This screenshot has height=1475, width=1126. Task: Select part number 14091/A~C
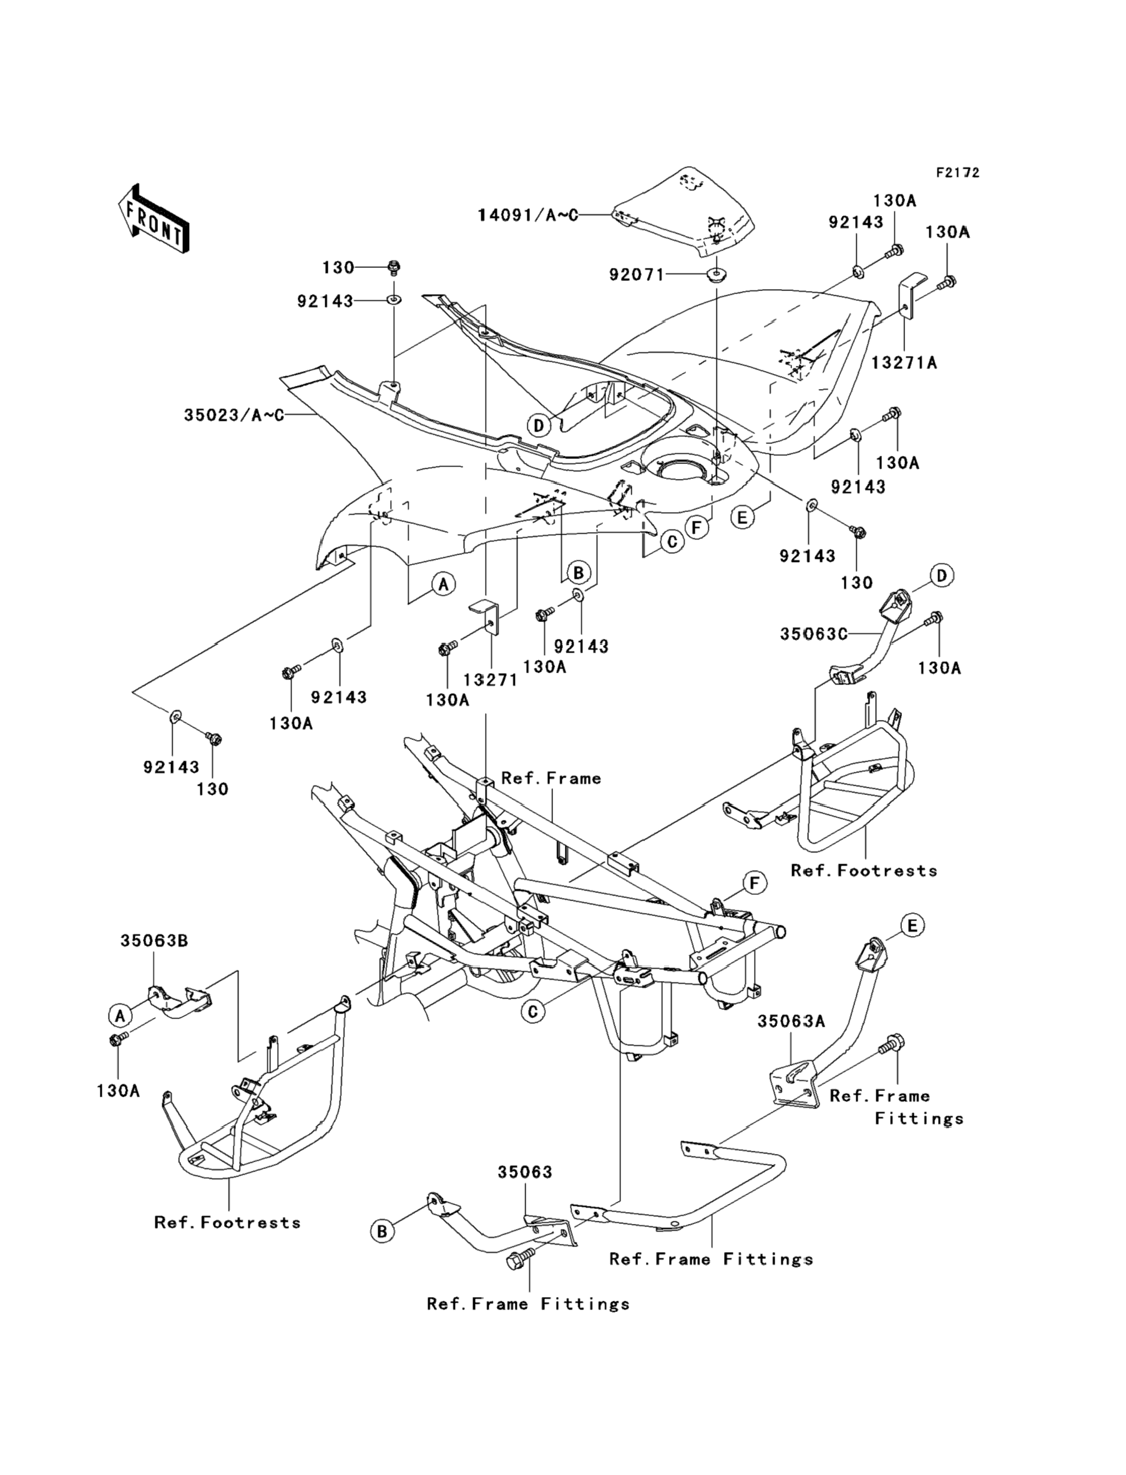coord(527,215)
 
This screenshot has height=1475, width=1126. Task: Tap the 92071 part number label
coord(636,274)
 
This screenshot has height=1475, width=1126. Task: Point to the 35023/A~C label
coord(234,416)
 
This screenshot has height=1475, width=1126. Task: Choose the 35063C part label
coord(814,634)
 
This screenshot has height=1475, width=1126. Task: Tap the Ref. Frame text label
coord(551,778)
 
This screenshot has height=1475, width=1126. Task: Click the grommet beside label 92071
coord(717,274)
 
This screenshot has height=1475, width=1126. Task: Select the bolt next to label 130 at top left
coord(394,268)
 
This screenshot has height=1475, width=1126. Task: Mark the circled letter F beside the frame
coord(755,884)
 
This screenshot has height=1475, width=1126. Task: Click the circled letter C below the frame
coord(533,1012)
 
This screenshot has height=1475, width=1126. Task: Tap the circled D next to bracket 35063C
coord(942,575)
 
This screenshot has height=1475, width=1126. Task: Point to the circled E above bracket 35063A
coord(911,926)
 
